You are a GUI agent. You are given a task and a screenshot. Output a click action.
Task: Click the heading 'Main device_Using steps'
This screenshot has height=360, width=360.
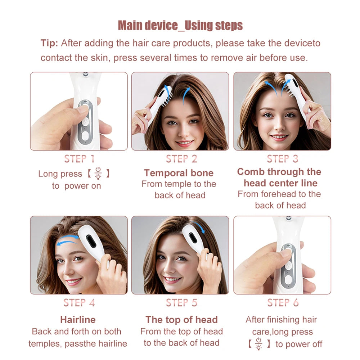[180, 26]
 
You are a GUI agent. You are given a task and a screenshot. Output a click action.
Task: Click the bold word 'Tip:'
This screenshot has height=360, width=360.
[49, 43]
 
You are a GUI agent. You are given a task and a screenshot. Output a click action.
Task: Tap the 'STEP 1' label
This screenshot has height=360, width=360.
[79, 159]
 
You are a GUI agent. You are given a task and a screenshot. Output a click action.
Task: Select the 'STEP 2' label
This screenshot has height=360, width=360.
[181, 159]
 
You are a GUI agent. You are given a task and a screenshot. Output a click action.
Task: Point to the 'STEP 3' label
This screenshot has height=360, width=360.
[283, 159]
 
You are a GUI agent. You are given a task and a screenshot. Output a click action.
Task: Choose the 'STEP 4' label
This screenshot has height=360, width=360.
[79, 303]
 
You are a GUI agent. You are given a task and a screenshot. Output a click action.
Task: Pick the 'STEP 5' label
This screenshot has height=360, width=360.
[181, 303]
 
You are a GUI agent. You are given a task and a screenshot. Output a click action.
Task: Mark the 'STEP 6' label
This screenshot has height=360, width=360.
[283, 303]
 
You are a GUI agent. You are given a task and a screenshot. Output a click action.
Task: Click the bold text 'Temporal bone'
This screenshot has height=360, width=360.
[179, 173]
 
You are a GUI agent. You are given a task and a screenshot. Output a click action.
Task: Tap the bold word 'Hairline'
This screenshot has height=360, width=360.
[78, 320]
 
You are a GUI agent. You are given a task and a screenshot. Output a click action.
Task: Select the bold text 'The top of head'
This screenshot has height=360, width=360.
[181, 320]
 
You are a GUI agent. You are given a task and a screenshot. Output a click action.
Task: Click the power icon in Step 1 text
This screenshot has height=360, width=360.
[98, 173]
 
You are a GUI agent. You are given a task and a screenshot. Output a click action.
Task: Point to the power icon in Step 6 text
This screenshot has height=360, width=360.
[258, 343]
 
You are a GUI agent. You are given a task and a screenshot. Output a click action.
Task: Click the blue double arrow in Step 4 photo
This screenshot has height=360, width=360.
[67, 240]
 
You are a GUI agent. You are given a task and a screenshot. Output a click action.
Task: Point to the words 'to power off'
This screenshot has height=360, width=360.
[299, 344]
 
